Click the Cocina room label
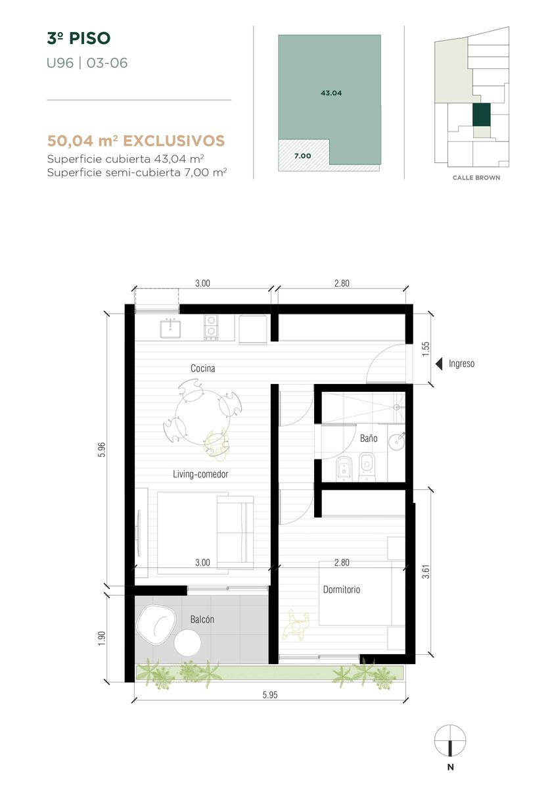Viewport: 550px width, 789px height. (202, 368)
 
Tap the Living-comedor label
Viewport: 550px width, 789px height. (200, 474)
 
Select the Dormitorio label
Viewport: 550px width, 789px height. (342, 590)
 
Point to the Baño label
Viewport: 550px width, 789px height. (369, 438)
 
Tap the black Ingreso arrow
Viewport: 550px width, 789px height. (439, 364)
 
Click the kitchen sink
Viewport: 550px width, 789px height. (170, 329)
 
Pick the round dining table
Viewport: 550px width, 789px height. (202, 417)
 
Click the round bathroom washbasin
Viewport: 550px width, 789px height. (397, 441)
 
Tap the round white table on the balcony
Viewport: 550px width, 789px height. (187, 642)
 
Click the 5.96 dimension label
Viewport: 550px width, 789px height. (102, 450)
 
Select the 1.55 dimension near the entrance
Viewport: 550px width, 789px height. (426, 348)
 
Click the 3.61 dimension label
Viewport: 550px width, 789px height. (426, 572)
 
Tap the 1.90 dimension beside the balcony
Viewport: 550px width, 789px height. (102, 638)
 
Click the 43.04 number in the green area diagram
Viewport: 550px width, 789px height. (331, 93)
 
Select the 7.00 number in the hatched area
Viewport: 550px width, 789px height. (302, 156)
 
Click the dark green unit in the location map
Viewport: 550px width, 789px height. (482, 115)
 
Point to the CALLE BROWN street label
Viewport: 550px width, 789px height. (476, 178)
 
